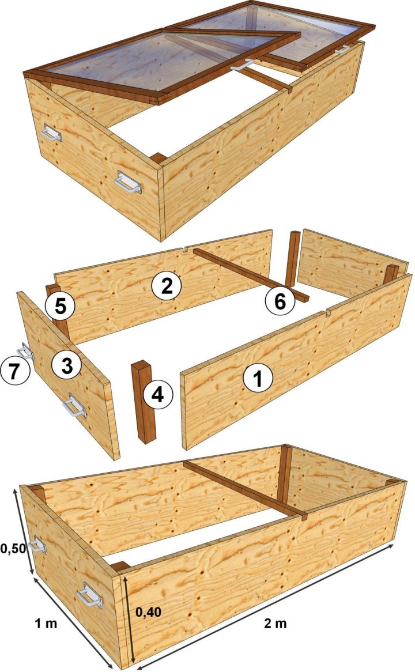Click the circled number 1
(256, 380)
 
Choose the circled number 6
(280, 300)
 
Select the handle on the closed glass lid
(342, 50)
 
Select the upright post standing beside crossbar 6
(293, 259)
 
